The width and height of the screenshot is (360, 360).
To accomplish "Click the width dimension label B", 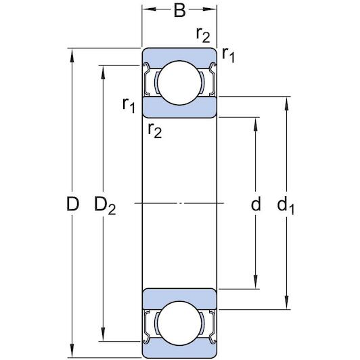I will point(179,11).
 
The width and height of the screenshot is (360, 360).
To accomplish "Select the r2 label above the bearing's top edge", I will point(202,35).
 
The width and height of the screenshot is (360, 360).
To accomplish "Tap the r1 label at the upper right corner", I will point(228,56).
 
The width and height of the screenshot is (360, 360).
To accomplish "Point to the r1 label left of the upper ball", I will point(129,104).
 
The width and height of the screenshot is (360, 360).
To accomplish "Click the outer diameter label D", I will point(73,203).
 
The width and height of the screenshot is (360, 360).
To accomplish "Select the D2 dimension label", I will point(105,204).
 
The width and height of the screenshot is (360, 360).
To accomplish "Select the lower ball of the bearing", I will point(179,323).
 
